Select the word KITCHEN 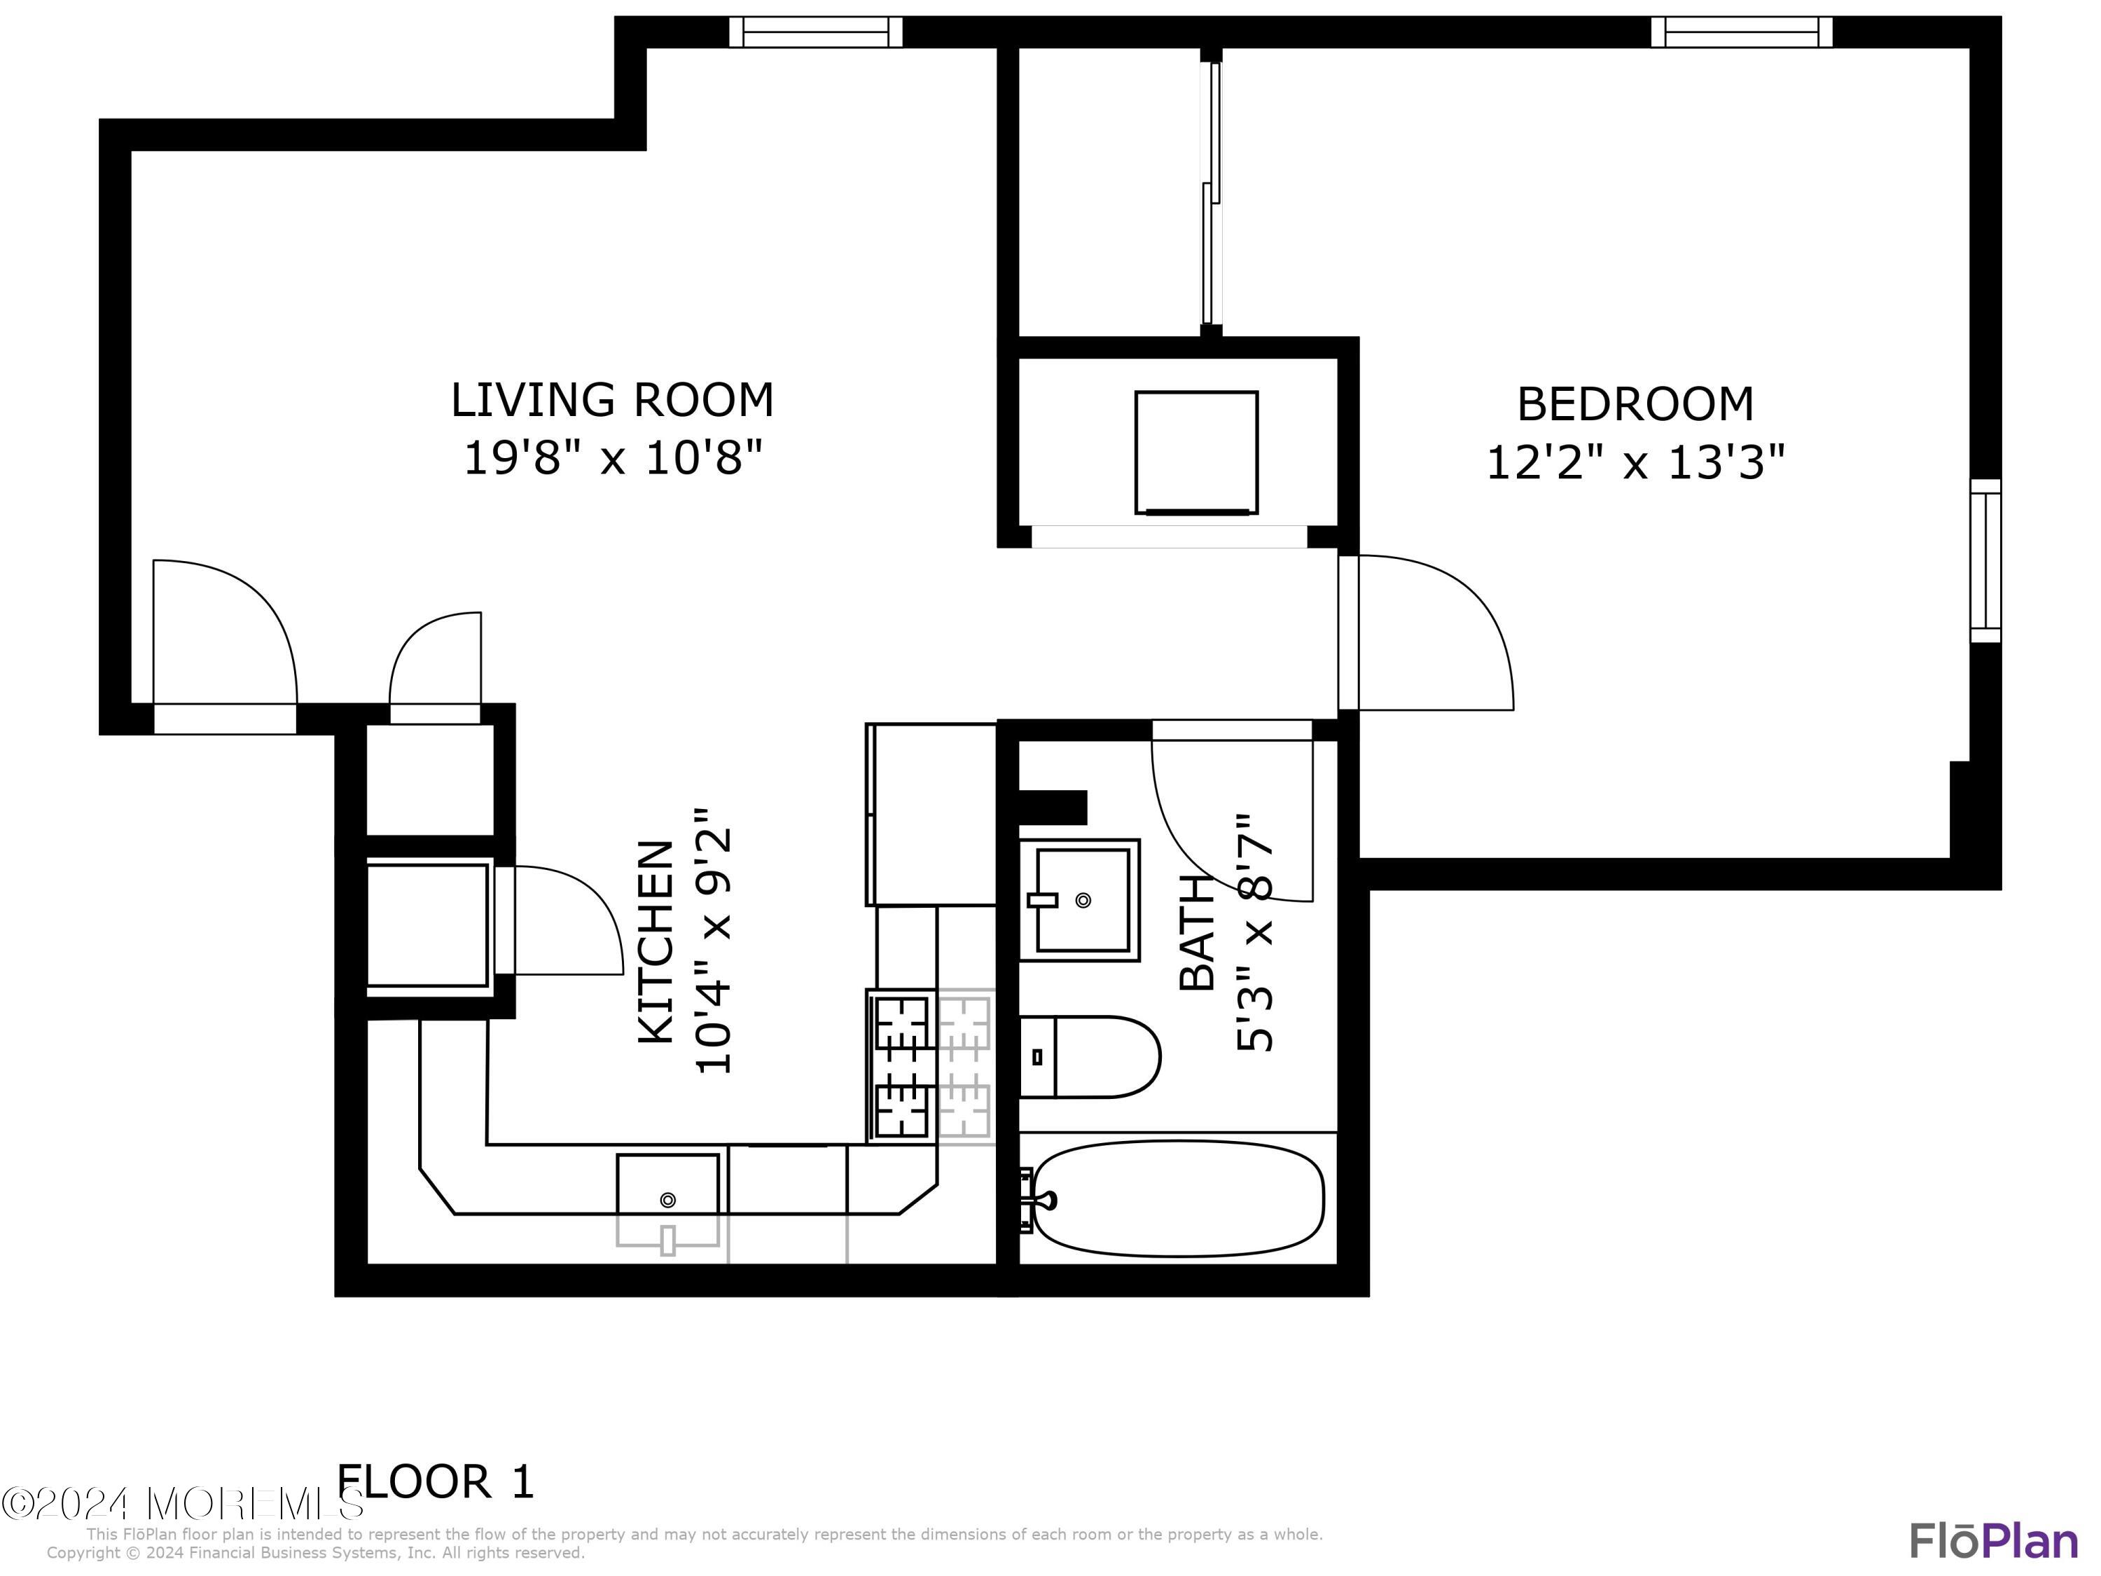coord(656,942)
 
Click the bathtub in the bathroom coord(1178,1199)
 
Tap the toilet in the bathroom coord(1090,1057)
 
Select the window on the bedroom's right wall coord(1985,560)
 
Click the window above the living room coord(816,32)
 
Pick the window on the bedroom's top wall coord(1742,32)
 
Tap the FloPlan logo coord(1994,1540)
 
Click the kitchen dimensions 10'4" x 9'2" coord(715,941)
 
